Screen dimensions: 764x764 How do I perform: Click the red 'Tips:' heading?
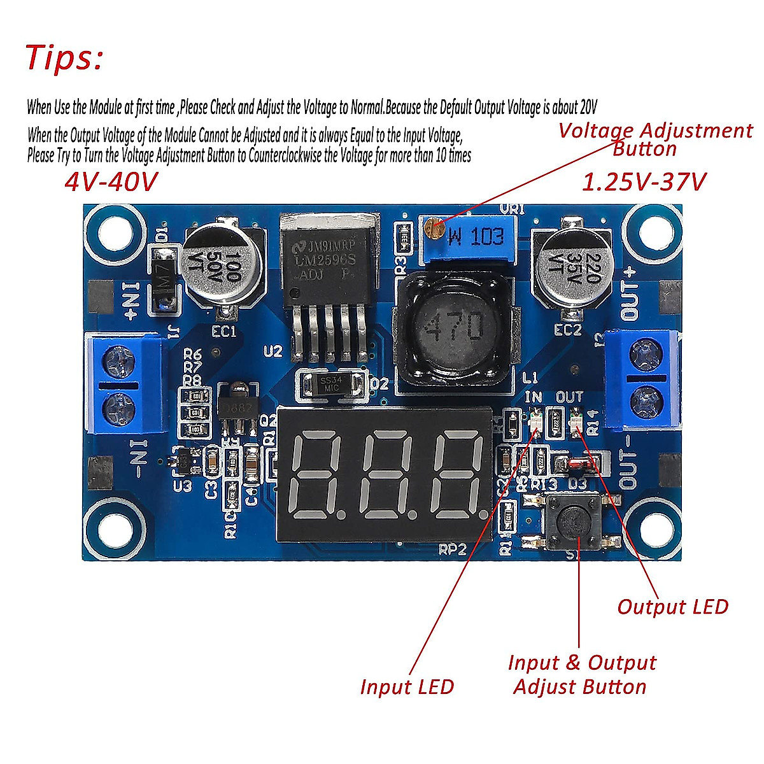point(64,57)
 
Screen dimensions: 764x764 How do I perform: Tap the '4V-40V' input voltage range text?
point(110,183)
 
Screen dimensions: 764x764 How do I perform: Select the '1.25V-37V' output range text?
point(644,183)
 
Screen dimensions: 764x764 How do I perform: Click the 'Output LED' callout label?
point(672,607)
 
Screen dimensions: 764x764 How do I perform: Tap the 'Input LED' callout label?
point(406,686)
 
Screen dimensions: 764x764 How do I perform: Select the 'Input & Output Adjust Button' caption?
point(581,674)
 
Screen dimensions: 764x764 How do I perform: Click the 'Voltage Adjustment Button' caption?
point(654,139)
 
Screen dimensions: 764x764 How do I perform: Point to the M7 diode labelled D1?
point(164,280)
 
